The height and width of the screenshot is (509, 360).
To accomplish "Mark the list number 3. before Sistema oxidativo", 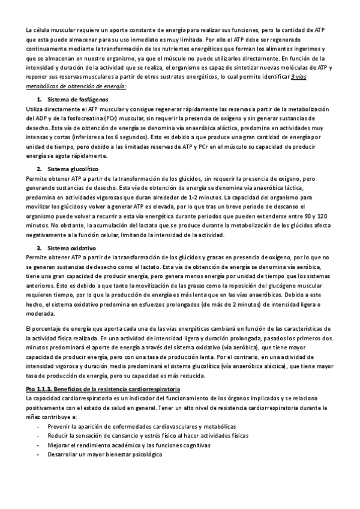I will pyautogui.click(x=40, y=248).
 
